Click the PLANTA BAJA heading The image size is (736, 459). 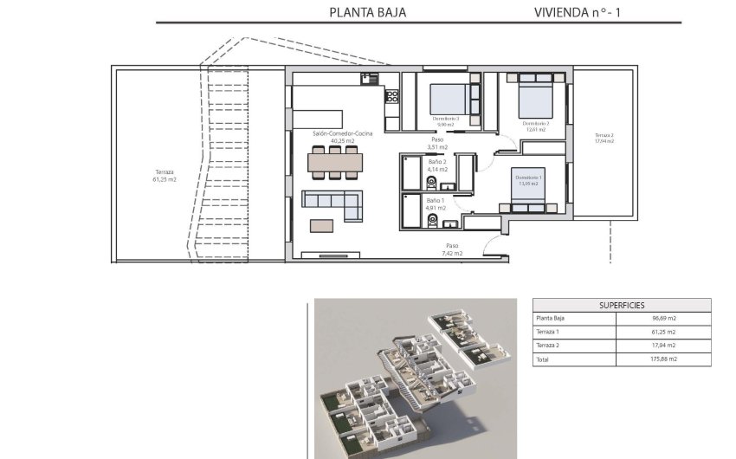tap(368, 12)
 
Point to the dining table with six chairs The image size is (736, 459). tap(335, 162)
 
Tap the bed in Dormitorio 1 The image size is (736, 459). tap(529, 192)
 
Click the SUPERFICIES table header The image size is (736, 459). tap(621, 306)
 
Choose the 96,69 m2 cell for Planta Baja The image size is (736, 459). tap(663, 319)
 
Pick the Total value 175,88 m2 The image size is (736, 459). tap(663, 359)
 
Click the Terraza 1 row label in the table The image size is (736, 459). tap(549, 332)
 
